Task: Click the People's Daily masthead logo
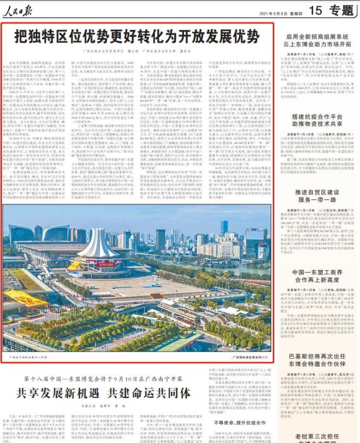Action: (20, 9)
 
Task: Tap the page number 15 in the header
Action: (315, 9)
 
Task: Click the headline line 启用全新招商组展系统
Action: (316, 37)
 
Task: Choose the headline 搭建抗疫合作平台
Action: (316, 115)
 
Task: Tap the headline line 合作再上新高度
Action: (316, 280)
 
